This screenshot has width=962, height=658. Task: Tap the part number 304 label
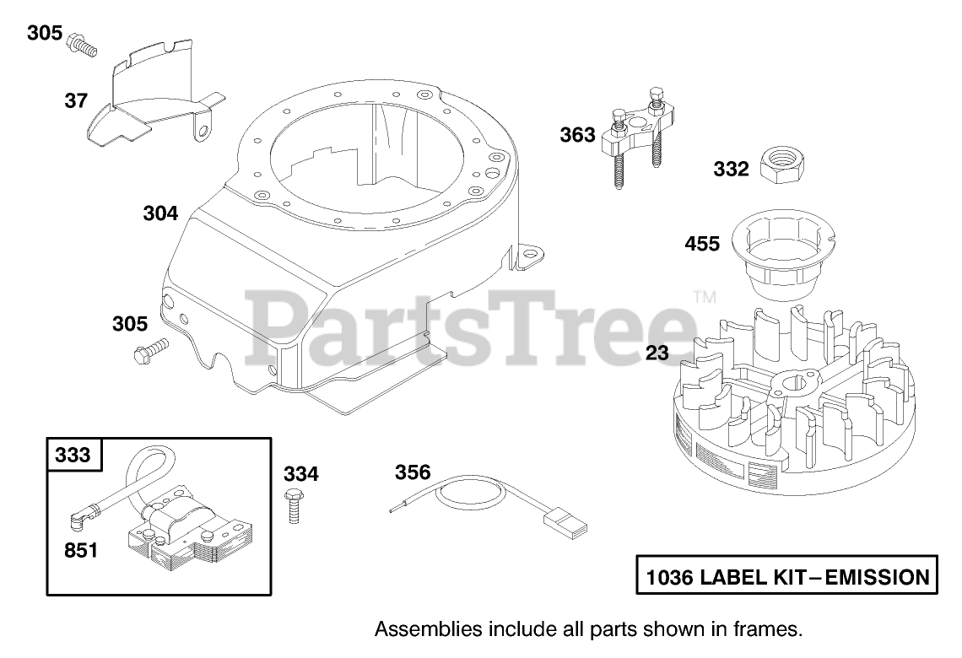160,214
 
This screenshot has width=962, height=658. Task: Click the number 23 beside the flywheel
657,353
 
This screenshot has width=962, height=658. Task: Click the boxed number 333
73,456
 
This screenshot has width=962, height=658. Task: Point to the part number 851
80,551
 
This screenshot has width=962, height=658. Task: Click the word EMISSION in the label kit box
877,578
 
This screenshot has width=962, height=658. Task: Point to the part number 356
413,472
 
